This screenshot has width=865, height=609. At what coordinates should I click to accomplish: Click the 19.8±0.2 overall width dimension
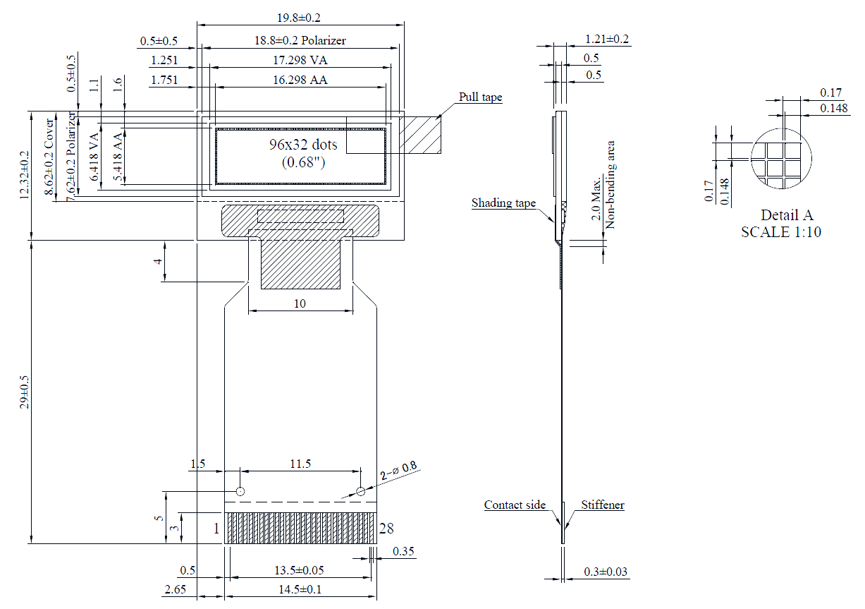coord(300,18)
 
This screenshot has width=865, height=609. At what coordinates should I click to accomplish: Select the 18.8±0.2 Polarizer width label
coord(300,40)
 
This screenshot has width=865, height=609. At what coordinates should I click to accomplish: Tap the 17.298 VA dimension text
coord(300,61)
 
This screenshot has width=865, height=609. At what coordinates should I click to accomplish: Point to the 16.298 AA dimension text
coord(300,80)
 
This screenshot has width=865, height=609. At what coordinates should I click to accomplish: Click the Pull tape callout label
coord(481,97)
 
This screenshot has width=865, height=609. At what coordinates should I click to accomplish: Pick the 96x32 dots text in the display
coord(303,145)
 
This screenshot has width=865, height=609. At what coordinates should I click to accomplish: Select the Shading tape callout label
coord(503,203)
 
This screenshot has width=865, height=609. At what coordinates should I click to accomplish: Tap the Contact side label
coord(515,505)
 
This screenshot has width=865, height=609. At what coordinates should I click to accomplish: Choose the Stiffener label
coord(603,505)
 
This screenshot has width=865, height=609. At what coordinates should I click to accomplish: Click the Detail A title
coord(787,215)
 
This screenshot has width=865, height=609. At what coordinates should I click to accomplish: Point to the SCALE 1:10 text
coord(781,231)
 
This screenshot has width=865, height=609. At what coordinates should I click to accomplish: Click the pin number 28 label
coord(386,529)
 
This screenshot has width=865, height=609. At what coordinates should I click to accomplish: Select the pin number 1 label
coord(216,529)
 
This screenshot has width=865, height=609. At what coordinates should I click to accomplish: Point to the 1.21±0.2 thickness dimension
coord(607,39)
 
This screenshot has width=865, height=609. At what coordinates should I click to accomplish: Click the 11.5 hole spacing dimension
coord(300,464)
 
